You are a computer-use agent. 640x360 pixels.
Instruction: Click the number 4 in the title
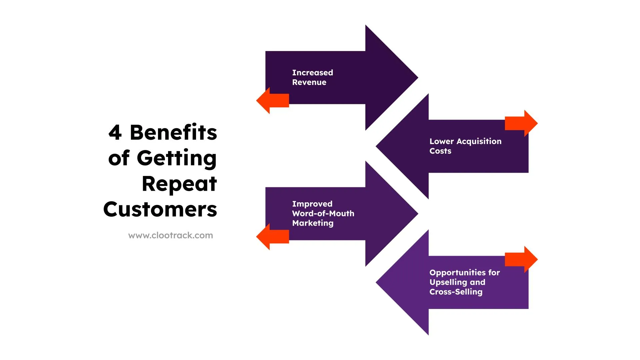pos(115,133)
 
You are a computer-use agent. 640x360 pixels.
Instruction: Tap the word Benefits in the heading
pos(173,133)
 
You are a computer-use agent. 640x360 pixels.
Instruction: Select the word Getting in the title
pos(177,158)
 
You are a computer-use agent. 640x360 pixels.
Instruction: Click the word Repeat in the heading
pos(179,184)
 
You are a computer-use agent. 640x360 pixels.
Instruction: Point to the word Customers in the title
pos(160,210)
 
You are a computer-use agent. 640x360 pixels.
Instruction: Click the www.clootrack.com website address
pos(170,235)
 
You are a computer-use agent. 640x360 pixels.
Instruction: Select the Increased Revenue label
pos(312,77)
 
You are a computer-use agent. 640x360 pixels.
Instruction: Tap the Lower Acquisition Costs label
pos(465,146)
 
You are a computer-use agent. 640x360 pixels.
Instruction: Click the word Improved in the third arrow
pos(312,204)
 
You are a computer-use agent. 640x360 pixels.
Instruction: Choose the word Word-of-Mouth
pos(323,213)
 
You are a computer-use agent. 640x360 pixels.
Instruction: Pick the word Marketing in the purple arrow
pos(313,223)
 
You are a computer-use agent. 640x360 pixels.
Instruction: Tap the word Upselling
pos(448,282)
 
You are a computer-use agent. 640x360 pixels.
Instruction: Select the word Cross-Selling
pos(456,292)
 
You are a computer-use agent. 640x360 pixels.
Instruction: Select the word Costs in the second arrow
pos(440,151)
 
